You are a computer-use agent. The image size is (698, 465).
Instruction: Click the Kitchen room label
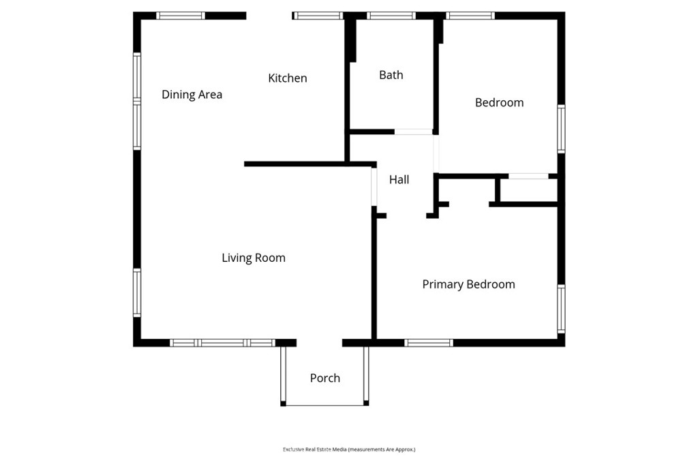pyautogui.click(x=288, y=78)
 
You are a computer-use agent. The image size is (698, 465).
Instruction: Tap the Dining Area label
pyautogui.click(x=192, y=94)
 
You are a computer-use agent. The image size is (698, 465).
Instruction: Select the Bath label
pyautogui.click(x=391, y=75)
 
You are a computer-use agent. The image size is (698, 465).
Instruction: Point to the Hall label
pyautogui.click(x=399, y=179)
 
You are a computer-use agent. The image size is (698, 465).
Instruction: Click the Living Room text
pyautogui.click(x=254, y=258)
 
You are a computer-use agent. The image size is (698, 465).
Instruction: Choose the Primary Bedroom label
pyautogui.click(x=469, y=284)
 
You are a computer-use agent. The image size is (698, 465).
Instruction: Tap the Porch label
pyautogui.click(x=325, y=378)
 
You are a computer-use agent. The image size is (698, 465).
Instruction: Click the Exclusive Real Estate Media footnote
pyautogui.click(x=349, y=449)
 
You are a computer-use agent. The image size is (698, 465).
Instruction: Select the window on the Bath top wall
pyautogui.click(x=391, y=16)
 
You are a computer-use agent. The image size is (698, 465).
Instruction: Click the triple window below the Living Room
pyautogui.click(x=223, y=343)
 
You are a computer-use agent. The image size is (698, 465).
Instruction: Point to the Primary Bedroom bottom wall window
pyautogui.click(x=429, y=343)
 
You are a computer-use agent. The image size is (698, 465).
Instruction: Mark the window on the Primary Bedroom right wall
pyautogui.click(x=562, y=309)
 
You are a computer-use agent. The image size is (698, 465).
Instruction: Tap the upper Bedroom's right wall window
pyautogui.click(x=562, y=129)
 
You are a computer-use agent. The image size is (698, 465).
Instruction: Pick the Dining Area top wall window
pyautogui.click(x=181, y=16)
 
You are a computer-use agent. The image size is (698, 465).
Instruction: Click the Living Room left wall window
pyautogui.click(x=137, y=293)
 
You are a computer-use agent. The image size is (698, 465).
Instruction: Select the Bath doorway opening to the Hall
pyautogui.click(x=414, y=132)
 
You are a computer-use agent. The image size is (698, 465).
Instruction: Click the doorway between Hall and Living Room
pyautogui.click(x=374, y=187)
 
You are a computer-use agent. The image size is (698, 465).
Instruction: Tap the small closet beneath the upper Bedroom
pyautogui.click(x=529, y=190)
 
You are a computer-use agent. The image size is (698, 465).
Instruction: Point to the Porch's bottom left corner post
pyautogui.click(x=283, y=404)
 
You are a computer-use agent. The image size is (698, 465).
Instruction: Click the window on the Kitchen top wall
pyautogui.click(x=318, y=16)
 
